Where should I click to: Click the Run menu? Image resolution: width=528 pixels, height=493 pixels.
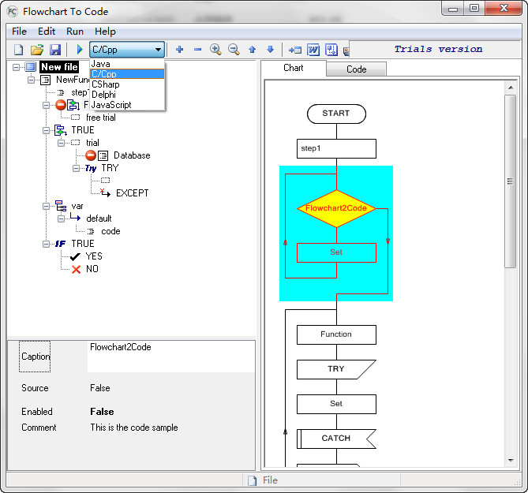[x=75, y=32]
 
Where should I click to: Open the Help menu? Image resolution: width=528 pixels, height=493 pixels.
[x=105, y=32]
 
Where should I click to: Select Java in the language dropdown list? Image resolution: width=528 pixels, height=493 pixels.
[x=101, y=64]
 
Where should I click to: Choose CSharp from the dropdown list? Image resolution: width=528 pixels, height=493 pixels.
[x=106, y=84]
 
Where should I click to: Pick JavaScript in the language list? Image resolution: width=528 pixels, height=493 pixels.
[x=111, y=105]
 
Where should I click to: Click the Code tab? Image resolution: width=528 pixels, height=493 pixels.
[x=356, y=69]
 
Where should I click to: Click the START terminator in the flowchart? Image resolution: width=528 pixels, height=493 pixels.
[x=336, y=114]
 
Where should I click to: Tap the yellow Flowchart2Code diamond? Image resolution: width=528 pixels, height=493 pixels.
[x=336, y=209]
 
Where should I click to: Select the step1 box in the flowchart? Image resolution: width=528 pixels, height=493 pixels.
[x=336, y=149]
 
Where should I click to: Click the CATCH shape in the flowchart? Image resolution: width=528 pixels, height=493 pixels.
[x=336, y=439]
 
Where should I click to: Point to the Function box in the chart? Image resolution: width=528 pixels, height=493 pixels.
[x=336, y=334]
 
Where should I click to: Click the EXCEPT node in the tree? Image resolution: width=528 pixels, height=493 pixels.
[x=132, y=193]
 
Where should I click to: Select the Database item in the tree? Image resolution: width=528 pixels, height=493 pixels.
[x=132, y=155]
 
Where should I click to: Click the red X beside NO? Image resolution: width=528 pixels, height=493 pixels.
[x=76, y=269]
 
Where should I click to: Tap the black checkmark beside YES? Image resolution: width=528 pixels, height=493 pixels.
[x=75, y=257]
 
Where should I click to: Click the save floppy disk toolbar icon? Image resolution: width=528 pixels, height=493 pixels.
[x=55, y=50]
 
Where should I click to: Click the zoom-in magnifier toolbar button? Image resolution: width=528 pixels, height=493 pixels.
[x=215, y=50]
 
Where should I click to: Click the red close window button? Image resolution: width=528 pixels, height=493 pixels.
[x=504, y=8]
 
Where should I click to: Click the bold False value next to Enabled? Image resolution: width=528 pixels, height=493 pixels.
[x=102, y=412]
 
